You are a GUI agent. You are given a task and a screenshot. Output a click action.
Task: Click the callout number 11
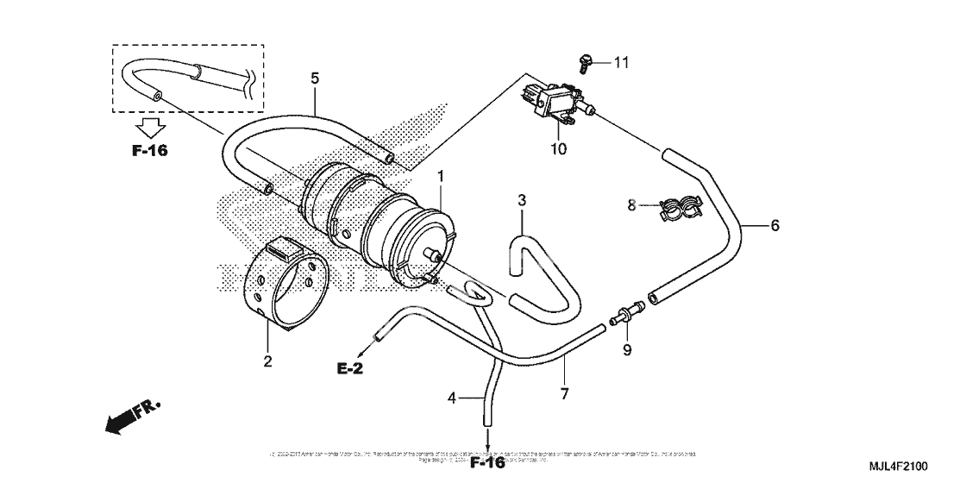[622, 62]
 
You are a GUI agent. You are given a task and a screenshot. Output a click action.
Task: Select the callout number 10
[558, 148]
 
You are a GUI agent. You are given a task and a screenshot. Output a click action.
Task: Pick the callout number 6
[775, 226]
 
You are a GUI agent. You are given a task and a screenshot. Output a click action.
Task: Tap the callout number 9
[627, 350]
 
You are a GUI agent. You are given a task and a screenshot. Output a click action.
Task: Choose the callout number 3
[522, 200]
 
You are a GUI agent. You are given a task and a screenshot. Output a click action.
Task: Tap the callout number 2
[267, 361]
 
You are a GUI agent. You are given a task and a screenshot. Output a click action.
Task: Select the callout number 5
[315, 78]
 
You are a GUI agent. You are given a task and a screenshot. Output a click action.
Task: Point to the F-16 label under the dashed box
[149, 150]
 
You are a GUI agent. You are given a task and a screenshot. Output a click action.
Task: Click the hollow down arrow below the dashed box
[149, 129]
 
